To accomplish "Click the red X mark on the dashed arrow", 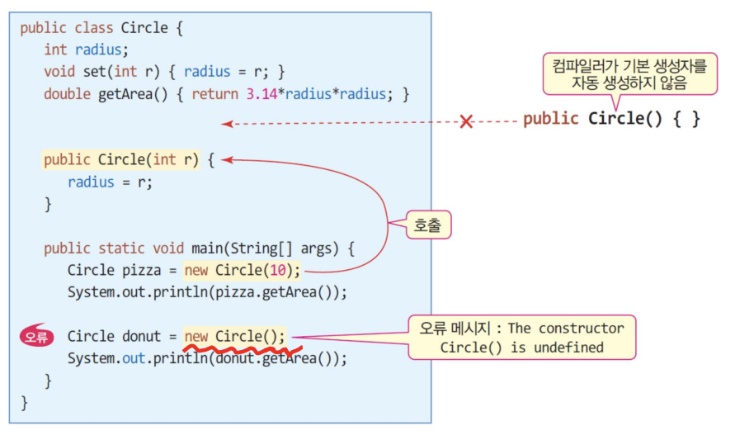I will [x=466, y=122].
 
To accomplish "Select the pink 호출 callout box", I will [x=428, y=225].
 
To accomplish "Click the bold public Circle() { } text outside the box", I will [x=611, y=118].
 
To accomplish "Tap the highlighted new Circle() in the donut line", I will [x=235, y=336].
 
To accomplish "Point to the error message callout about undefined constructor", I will [x=521, y=337].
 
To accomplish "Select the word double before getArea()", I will [x=67, y=93].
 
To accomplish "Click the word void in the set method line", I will [x=59, y=72].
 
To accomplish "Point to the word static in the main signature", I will [x=122, y=248].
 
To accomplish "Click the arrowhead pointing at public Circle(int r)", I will [x=225, y=159].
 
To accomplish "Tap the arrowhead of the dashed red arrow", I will [x=225, y=124].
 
